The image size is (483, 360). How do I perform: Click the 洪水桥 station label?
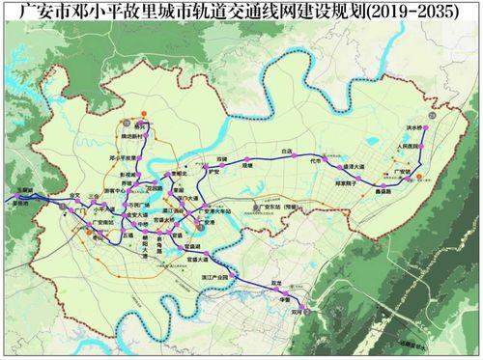[416, 126]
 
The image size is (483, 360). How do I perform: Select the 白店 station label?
[284, 152]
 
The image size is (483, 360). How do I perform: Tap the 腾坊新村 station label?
[128, 137]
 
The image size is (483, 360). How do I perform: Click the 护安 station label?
[215, 173]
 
